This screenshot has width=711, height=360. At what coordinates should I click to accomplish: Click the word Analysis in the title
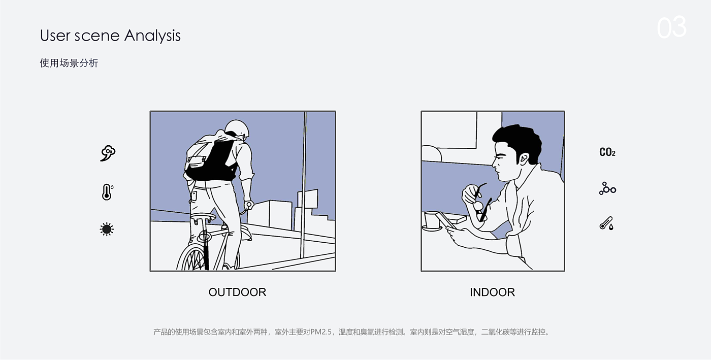(x=152, y=36)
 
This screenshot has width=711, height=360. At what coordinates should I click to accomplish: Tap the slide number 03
(x=671, y=27)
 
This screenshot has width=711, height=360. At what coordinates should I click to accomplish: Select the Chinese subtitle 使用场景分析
(x=69, y=63)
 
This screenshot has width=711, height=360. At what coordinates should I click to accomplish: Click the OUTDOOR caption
(x=237, y=292)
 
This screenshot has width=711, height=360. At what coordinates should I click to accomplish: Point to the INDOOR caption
(x=492, y=292)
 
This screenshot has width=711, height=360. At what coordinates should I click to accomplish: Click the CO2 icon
(x=607, y=152)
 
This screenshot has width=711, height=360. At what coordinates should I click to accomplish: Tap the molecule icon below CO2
(x=607, y=188)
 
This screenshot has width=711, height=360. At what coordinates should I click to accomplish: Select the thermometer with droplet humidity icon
(x=606, y=223)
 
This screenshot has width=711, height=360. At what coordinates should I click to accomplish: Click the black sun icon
(x=107, y=229)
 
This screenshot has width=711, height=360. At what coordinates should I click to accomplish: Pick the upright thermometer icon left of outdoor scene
(x=107, y=192)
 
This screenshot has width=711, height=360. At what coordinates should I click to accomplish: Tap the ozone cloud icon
(x=108, y=153)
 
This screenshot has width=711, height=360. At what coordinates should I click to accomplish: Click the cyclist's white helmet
(x=237, y=128)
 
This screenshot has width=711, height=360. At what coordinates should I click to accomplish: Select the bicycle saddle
(x=203, y=217)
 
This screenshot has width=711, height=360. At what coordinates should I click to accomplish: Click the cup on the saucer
(x=432, y=220)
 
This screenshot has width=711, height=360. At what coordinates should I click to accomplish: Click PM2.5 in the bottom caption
(x=320, y=332)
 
